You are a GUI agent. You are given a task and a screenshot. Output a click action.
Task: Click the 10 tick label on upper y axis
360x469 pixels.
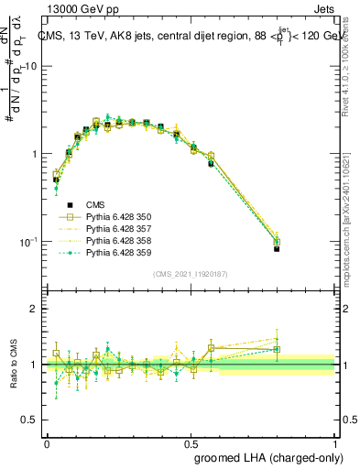(31, 66)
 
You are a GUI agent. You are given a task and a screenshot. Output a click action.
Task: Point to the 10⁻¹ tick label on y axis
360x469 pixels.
(29, 241)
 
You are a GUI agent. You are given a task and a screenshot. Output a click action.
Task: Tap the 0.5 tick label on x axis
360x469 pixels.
(191, 442)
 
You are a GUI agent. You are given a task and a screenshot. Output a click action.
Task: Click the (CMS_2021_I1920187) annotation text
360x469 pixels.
(191, 272)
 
